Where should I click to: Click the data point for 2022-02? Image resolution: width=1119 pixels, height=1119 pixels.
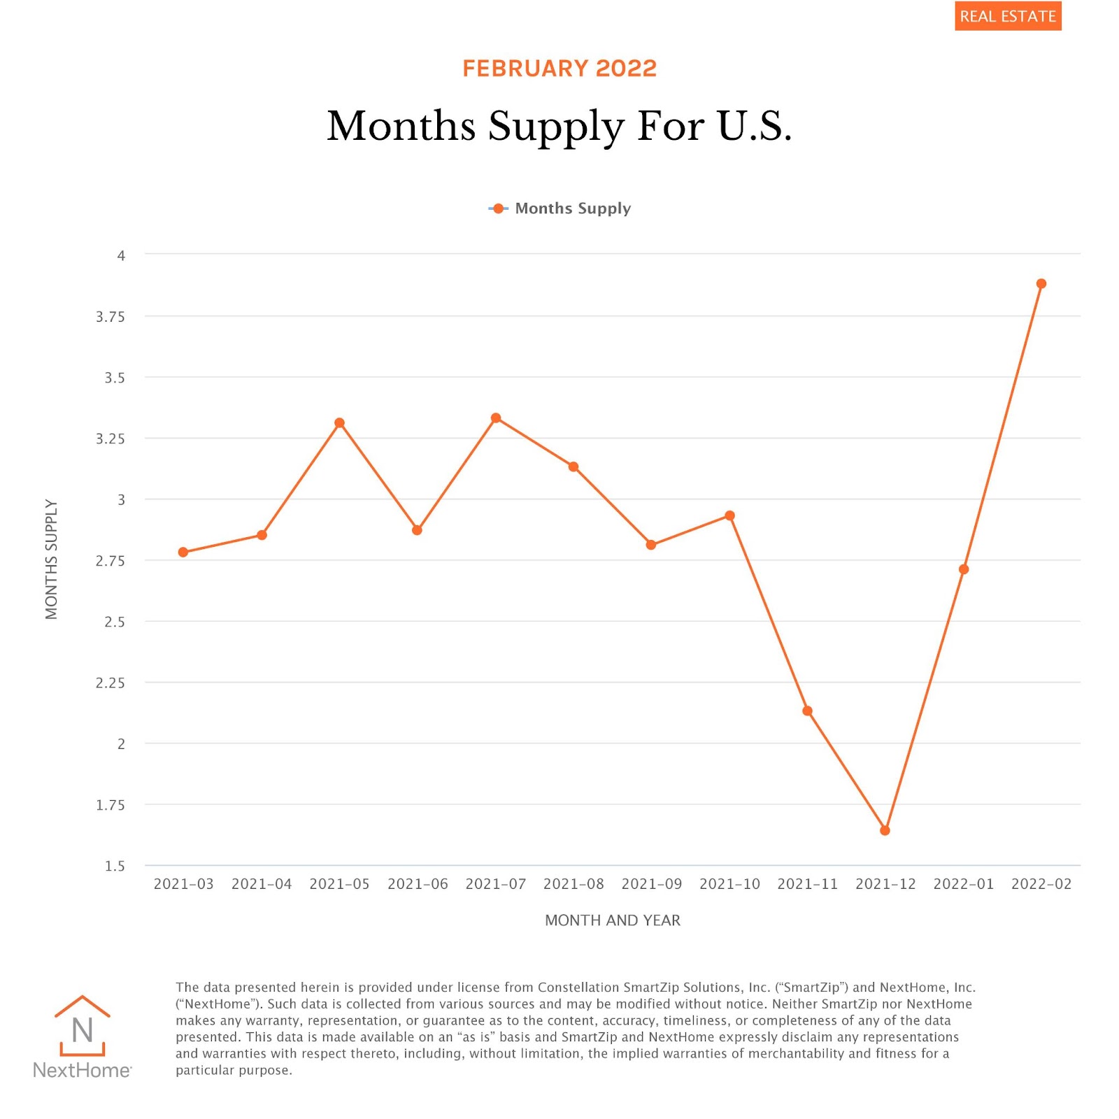[x=1041, y=284]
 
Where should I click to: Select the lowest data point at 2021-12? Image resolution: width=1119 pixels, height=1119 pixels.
[x=885, y=830]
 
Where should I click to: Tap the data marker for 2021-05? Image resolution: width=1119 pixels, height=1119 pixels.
[x=339, y=423]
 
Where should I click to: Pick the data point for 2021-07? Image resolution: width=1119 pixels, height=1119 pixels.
[x=496, y=418]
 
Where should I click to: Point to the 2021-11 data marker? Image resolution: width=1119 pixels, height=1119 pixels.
[x=807, y=711]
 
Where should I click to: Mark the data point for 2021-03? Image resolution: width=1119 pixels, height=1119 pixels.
[x=183, y=553]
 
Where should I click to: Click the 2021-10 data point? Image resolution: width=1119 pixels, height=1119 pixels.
[x=729, y=516]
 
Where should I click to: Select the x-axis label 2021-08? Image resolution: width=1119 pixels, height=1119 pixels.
[x=573, y=884]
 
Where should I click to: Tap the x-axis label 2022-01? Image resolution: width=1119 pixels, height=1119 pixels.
[x=963, y=884]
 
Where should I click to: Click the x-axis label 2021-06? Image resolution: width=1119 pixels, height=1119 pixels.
[x=418, y=884]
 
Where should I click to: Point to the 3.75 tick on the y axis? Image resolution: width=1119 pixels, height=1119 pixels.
[x=111, y=317]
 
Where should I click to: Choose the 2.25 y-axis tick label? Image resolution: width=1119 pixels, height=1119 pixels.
[x=111, y=683]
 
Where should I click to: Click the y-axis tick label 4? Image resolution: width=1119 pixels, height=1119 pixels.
[x=121, y=256]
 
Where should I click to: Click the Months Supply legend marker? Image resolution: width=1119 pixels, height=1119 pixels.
[x=498, y=208]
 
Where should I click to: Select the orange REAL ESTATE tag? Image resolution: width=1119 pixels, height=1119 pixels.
[x=1008, y=16]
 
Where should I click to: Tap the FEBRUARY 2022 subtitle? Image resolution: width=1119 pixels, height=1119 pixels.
[x=559, y=69]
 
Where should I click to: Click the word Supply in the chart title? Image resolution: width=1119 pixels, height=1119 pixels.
[x=556, y=127]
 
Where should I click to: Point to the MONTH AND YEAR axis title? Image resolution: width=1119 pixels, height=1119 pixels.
[x=612, y=920]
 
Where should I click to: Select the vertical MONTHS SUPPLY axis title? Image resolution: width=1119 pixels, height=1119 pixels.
[x=51, y=559]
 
